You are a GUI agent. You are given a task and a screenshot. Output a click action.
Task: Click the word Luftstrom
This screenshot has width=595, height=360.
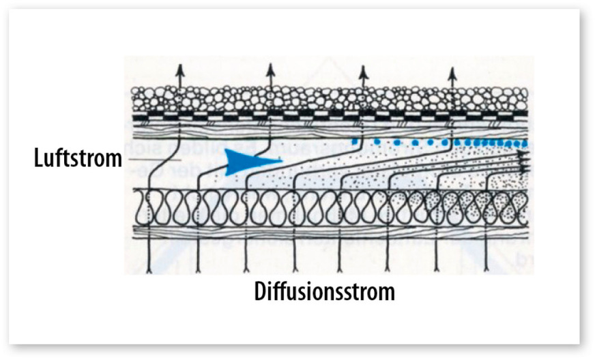(x=78, y=157)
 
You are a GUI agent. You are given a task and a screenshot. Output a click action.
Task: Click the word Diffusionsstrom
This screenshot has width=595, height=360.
(x=324, y=292)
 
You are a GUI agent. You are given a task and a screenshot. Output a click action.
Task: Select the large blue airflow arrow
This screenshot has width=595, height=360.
(x=253, y=162)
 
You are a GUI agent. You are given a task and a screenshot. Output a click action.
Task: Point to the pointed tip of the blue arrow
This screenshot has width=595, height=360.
(x=282, y=160)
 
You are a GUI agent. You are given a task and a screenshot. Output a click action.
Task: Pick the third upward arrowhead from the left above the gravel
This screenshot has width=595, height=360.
(x=364, y=72)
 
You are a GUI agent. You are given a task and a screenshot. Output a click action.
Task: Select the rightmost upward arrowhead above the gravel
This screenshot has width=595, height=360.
(x=452, y=73)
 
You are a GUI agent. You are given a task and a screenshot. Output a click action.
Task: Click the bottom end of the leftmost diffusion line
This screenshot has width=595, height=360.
(x=149, y=271)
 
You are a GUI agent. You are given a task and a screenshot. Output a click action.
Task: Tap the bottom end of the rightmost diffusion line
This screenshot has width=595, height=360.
(x=487, y=271)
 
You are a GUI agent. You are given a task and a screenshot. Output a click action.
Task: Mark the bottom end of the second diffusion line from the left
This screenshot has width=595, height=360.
(x=198, y=271)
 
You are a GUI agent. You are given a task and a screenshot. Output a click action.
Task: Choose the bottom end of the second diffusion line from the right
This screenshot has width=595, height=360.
(x=437, y=271)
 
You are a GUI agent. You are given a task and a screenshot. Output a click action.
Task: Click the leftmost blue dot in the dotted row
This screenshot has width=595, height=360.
(x=355, y=142)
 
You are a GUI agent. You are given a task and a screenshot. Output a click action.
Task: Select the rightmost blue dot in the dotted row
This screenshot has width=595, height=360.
(x=525, y=143)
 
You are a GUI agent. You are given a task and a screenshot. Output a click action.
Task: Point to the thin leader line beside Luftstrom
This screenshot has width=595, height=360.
(x=152, y=160)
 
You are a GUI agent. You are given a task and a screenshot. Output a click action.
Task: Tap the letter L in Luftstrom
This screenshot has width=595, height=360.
(x=38, y=157)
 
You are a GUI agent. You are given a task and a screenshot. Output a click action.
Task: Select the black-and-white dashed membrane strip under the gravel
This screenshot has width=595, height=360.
(x=330, y=113)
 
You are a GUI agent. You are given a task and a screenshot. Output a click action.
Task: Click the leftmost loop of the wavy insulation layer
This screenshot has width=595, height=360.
(x=143, y=208)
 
